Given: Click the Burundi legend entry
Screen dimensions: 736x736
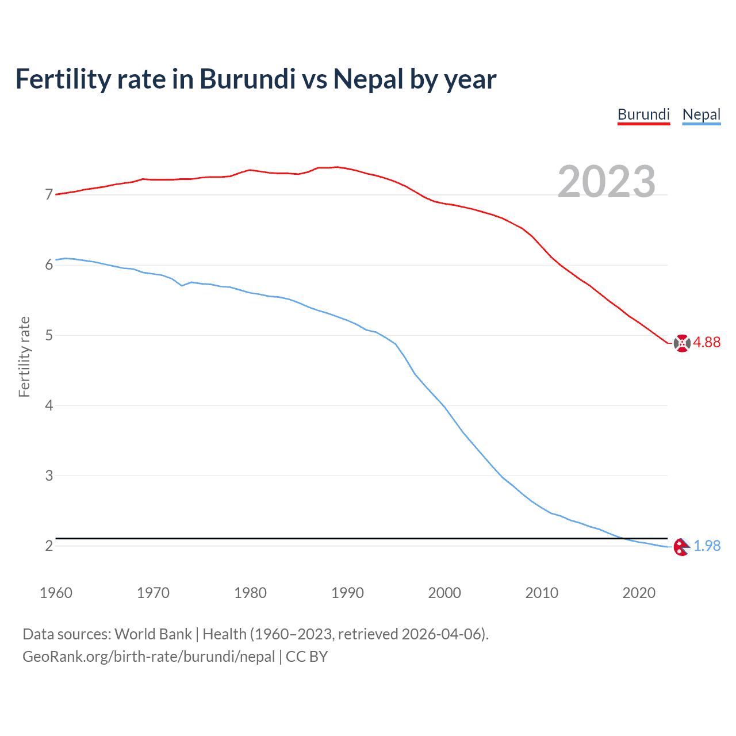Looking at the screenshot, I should (643, 114).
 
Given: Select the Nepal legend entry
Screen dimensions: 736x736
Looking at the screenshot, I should (701, 114).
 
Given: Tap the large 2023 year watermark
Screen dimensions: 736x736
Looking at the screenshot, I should (606, 182).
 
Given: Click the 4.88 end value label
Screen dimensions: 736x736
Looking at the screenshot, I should (707, 343).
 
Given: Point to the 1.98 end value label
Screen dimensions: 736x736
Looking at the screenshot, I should (707, 546).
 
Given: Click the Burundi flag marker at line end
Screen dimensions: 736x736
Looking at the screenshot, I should (682, 343).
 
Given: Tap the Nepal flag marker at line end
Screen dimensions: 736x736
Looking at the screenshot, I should (681, 547).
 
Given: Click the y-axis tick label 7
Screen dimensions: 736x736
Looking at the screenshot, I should (49, 195).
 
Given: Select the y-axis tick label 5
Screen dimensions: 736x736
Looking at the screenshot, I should (49, 335).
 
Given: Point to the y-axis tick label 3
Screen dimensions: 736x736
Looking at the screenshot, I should (49, 476).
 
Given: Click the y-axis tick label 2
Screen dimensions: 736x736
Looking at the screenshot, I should (49, 546).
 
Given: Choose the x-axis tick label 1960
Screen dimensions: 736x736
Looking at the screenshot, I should (56, 593).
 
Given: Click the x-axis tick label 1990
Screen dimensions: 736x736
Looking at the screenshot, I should (347, 593).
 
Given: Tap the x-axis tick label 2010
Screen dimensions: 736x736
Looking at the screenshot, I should (542, 593).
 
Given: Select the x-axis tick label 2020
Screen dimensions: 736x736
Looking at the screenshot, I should (639, 593).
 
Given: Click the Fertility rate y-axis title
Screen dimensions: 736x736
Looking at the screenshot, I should (24, 356).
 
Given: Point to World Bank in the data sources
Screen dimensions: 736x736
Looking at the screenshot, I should (153, 634).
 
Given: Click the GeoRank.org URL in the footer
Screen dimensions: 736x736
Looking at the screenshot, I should (148, 657).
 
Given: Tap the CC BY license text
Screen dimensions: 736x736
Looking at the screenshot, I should (306, 657).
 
